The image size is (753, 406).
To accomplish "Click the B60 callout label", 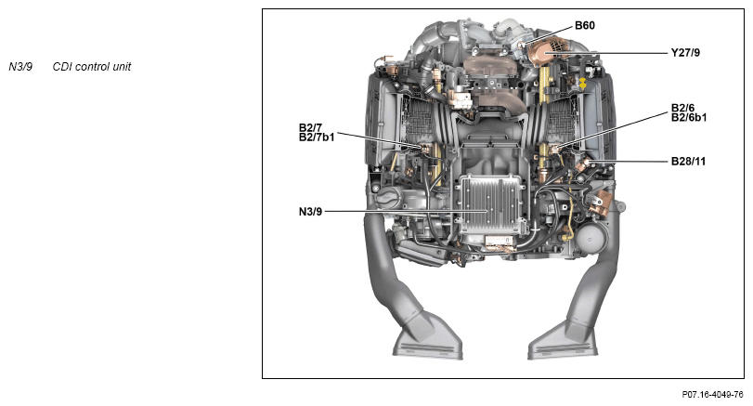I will pos(584,25).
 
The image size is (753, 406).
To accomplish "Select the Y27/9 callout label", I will pos(685,53).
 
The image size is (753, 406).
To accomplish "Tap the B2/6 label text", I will pos(685,107).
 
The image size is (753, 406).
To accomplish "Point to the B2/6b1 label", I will pos(689,117).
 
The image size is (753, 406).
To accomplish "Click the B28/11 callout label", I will pos(689,161).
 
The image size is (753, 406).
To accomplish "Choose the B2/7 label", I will pos(310,127).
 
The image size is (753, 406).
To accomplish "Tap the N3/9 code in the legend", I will pos(20,67).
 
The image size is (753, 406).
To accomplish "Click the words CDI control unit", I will pos(91,67).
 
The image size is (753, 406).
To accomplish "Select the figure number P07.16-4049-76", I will pos(712,395).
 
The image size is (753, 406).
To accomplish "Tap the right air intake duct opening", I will pos(562,343).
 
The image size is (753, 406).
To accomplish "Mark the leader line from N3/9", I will pos(399,211).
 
